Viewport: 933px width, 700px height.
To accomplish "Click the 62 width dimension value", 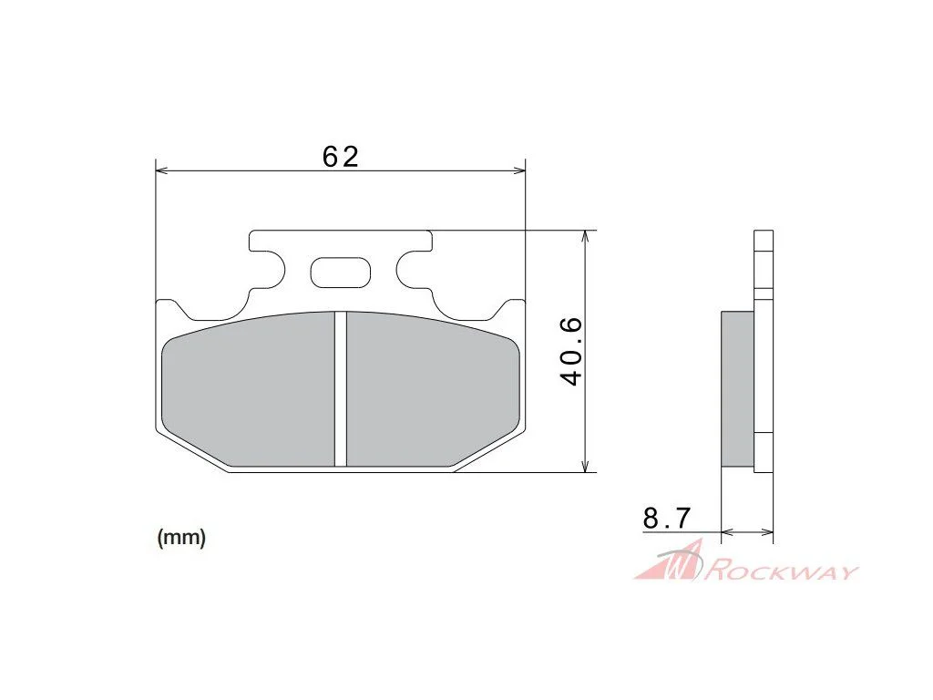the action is pos(341,157).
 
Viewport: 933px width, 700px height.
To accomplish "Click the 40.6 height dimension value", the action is pos(572,351).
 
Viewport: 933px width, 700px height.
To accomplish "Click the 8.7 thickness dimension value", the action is pos(666,518).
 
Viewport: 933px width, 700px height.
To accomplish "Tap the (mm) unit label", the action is pos(181,538).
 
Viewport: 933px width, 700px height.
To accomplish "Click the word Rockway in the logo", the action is pos(781,571).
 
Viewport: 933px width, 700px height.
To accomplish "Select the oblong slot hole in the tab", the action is pos(341,273).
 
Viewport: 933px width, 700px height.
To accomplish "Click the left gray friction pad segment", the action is pos(248,390).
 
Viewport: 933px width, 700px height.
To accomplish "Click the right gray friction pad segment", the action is pos(433,390).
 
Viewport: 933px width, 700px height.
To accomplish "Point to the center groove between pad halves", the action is pos(341,389).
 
